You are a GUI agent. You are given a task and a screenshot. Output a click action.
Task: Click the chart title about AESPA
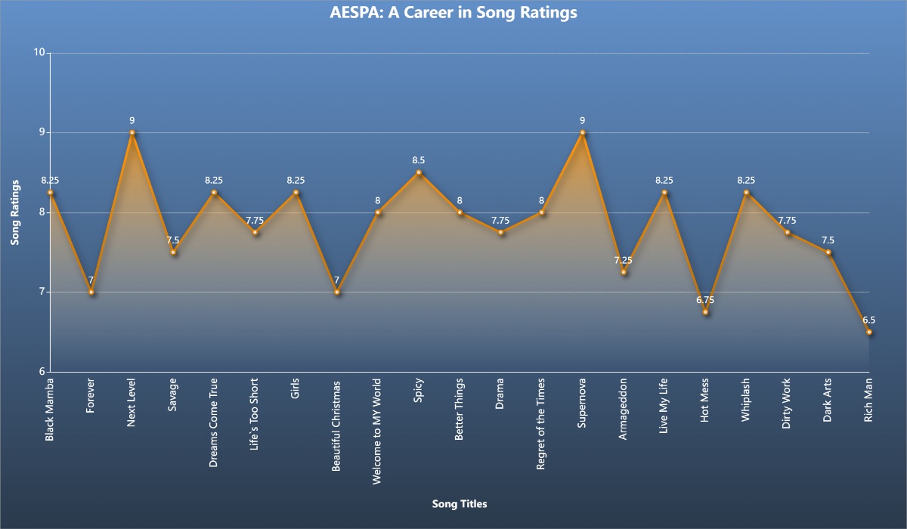(453, 13)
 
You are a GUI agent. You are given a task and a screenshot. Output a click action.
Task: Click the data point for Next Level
(132, 132)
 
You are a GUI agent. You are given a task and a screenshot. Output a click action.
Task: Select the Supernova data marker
(583, 132)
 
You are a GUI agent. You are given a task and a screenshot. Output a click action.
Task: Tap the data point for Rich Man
(869, 332)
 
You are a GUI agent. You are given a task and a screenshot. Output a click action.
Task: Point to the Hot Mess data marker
(705, 312)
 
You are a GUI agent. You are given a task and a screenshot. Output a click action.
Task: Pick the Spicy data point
(419, 172)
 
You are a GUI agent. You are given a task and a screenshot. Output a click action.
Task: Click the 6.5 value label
(869, 320)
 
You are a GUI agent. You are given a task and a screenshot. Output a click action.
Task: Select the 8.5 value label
(419, 160)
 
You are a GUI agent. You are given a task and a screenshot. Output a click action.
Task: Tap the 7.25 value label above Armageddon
(624, 260)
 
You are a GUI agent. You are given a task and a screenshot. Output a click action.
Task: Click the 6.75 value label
(705, 300)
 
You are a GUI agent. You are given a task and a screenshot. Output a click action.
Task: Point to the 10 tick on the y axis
(39, 53)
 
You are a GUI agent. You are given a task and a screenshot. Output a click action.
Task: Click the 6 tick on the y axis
(42, 372)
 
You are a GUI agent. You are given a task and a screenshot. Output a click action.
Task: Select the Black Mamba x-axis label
(50, 410)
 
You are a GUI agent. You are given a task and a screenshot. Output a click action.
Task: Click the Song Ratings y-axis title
(15, 212)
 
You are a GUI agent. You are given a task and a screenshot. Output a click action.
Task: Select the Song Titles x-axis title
(460, 504)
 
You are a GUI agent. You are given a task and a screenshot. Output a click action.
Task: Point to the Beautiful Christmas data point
(337, 292)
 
